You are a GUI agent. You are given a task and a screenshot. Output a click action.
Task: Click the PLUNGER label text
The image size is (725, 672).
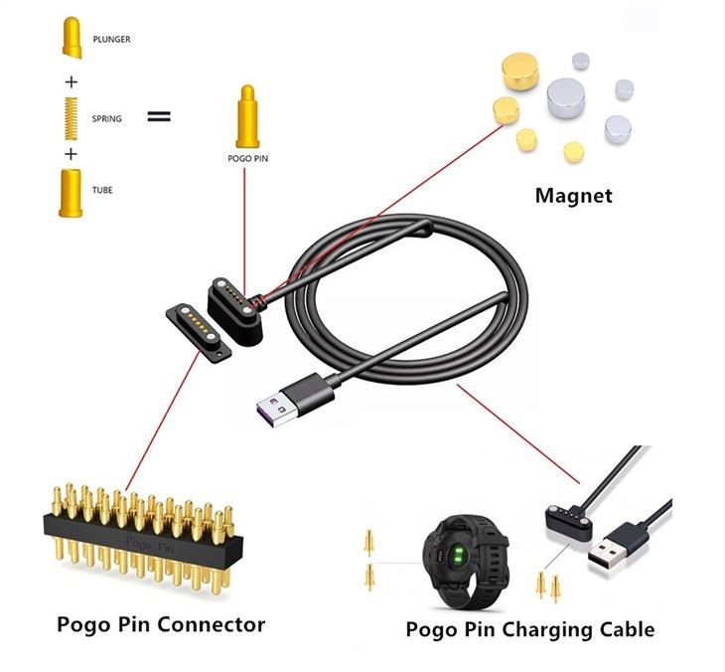111,40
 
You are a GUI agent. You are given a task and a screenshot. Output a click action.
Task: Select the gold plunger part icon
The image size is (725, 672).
71,37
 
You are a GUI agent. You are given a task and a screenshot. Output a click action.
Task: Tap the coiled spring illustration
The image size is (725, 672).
71,116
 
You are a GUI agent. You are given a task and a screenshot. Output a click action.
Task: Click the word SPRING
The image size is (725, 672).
106,119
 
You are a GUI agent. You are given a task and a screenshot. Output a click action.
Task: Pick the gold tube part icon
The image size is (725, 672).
71,192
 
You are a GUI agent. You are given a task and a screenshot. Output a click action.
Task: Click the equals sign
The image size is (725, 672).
159,116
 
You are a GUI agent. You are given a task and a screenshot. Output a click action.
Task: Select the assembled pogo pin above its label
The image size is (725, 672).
244,116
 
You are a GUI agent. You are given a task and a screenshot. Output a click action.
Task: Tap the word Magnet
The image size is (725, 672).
574,195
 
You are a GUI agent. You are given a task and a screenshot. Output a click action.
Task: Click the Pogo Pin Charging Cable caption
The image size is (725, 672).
529,629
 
